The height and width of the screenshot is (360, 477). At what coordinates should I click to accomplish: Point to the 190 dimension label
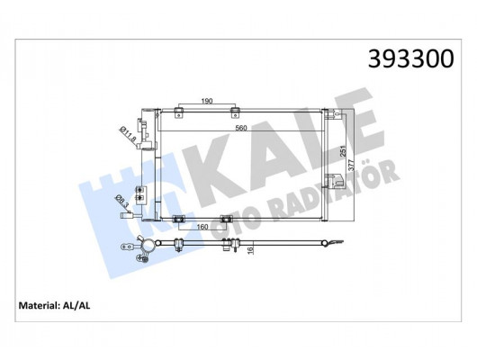207,102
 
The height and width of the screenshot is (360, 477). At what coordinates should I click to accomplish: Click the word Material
43,307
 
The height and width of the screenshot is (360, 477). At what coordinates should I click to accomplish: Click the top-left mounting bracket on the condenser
179,112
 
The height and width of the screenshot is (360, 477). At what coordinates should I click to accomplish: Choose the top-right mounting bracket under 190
236,112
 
